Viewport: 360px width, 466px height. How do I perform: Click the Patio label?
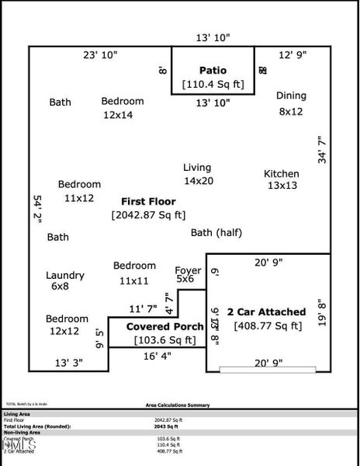click(x=213, y=69)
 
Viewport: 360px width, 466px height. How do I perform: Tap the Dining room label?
click(x=291, y=96)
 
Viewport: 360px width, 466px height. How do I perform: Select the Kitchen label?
click(x=282, y=173)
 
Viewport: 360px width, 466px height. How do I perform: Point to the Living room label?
click(x=197, y=168)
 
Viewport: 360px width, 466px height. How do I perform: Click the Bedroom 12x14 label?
click(x=123, y=101)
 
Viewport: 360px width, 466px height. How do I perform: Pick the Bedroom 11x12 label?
click(x=79, y=185)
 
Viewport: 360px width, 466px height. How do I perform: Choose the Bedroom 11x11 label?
click(x=134, y=266)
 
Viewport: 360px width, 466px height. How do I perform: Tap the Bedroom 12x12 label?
click(x=67, y=319)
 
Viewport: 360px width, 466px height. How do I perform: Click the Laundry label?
click(x=65, y=276)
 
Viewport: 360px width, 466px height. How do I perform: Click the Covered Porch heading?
click(x=164, y=327)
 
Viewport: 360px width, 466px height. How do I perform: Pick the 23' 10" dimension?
click(x=100, y=55)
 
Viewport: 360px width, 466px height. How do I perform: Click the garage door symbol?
click(x=268, y=368)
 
